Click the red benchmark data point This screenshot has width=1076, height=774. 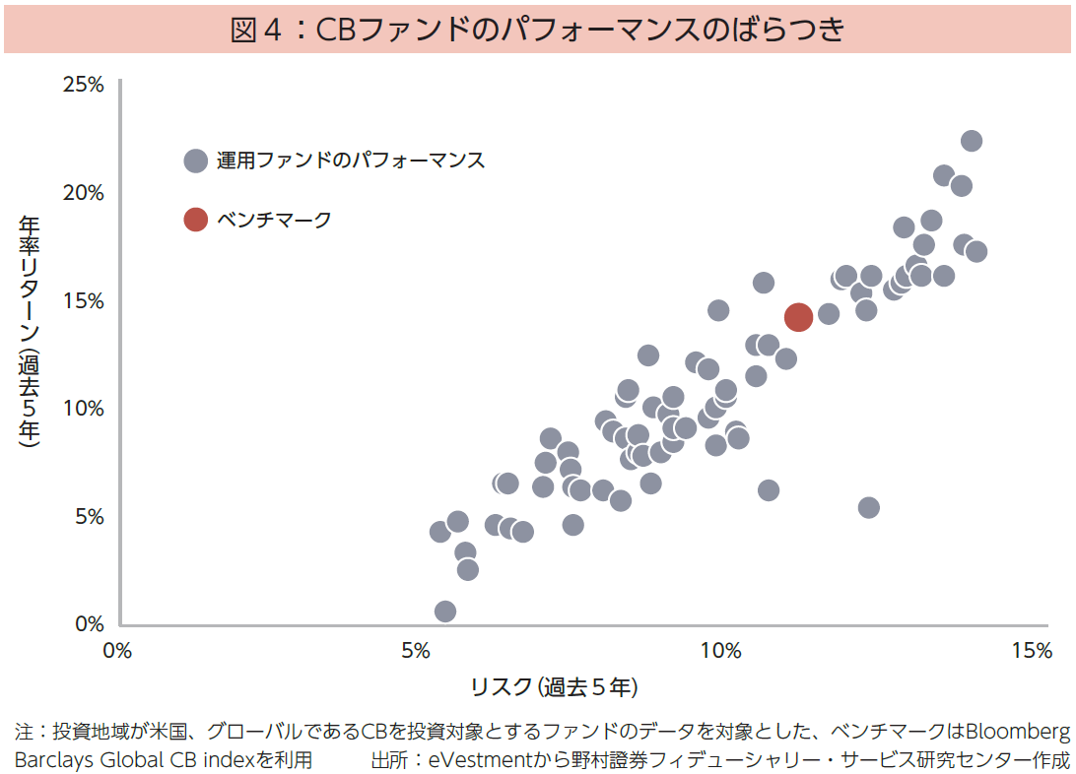pyautogui.click(x=798, y=316)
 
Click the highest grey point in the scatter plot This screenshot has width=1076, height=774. pyautogui.click(x=971, y=141)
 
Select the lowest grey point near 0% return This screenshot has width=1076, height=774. pyautogui.click(x=445, y=612)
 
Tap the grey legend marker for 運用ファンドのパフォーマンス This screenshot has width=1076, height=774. pyautogui.click(x=196, y=161)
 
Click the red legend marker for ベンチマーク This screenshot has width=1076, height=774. pyautogui.click(x=196, y=220)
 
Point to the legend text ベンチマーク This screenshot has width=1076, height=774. pyautogui.click(x=274, y=220)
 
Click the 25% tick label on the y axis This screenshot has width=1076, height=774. pyautogui.click(x=84, y=85)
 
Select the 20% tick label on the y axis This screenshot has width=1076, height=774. pyautogui.click(x=84, y=192)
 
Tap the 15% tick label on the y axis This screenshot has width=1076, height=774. pyautogui.click(x=84, y=300)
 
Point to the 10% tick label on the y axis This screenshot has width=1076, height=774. pyautogui.click(x=84, y=408)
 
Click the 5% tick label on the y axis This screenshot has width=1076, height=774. pyautogui.click(x=89, y=516)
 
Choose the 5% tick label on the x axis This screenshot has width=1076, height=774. pyautogui.click(x=417, y=651)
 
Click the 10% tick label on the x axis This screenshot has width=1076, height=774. pyautogui.click(x=720, y=651)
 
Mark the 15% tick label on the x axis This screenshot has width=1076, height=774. pyautogui.click(x=1030, y=651)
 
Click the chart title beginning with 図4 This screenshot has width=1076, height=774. pyautogui.click(x=537, y=30)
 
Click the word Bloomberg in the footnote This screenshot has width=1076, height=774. pyautogui.click(x=1017, y=732)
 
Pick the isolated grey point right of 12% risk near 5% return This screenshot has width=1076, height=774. pyautogui.click(x=868, y=507)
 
